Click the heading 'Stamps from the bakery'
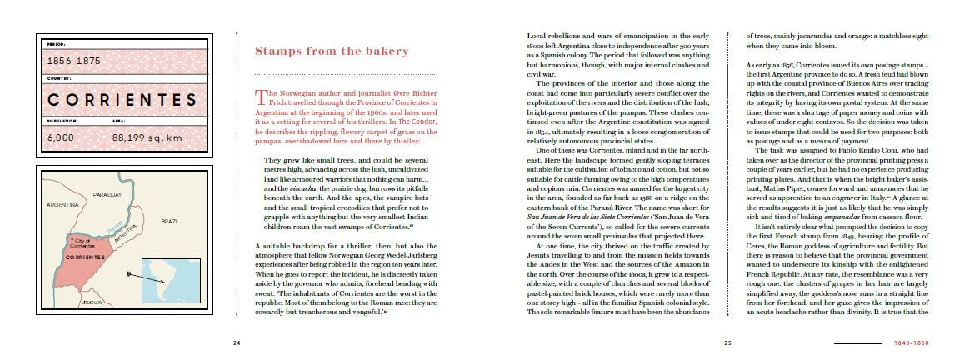click(332, 52)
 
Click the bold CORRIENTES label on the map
click(87, 257)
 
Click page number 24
click(237, 342)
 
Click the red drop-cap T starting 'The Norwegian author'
click(260, 97)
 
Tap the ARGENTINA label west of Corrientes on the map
click(62, 203)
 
